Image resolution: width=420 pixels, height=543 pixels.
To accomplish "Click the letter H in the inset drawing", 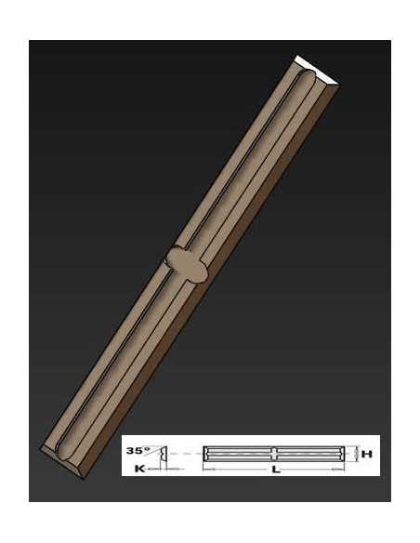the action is pos(366,454).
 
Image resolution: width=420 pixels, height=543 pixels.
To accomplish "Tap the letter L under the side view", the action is pos(276,470).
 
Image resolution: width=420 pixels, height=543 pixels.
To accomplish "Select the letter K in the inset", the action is pos(139,469).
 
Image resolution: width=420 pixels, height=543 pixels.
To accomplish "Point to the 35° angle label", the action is pos(138,451).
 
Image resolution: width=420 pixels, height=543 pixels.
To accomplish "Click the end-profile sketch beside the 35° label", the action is pos(164,454).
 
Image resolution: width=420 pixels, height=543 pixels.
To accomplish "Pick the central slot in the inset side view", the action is pos(274,454).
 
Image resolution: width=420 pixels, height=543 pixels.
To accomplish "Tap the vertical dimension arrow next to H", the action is pos(356,454).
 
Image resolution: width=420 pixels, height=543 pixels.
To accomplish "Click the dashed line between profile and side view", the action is pos(186,454).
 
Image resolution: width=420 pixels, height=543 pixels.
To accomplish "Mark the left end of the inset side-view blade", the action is pos(203,454).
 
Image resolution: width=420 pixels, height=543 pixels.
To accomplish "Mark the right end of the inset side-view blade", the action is pos(343,454).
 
